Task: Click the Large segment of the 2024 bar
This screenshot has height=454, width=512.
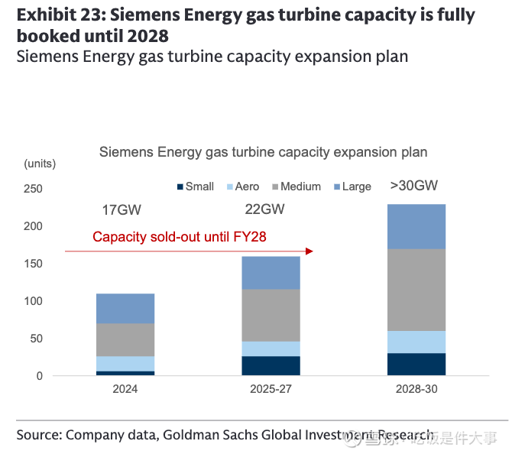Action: [125, 308]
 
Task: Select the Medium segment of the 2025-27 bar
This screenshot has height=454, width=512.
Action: [271, 315]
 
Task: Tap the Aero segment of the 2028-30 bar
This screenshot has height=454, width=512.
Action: [416, 342]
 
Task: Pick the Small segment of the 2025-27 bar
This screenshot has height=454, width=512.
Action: [271, 365]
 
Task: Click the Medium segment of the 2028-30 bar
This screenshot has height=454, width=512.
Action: [416, 290]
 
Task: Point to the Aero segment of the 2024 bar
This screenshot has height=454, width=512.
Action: [125, 363]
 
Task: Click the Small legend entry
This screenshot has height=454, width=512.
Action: [196, 186]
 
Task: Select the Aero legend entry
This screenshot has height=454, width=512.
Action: [241, 186]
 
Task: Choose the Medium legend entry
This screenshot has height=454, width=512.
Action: [295, 186]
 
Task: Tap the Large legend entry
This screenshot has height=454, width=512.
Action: [352, 186]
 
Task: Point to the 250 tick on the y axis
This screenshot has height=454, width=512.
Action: [34, 189]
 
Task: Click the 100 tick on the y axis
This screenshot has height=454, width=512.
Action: [34, 301]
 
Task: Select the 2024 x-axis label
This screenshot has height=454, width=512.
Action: [125, 389]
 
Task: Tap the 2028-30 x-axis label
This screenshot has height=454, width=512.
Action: [416, 389]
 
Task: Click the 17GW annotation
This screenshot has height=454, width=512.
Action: [122, 210]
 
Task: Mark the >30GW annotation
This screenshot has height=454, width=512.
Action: [413, 186]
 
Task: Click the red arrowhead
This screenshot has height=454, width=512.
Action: [309, 251]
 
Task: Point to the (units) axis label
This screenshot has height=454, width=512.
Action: [40, 164]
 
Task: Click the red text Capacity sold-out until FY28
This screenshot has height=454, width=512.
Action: [179, 237]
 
